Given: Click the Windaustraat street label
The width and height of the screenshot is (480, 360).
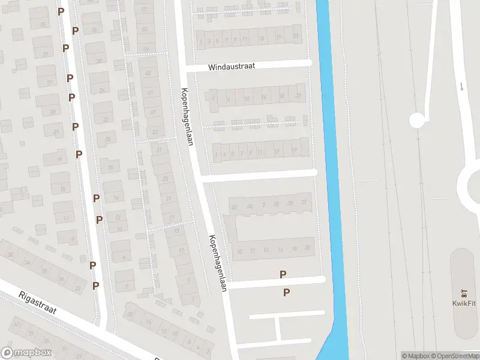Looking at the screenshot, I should pyautogui.click(x=232, y=67).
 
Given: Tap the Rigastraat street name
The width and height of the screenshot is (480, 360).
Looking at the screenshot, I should pyautogui.click(x=37, y=303).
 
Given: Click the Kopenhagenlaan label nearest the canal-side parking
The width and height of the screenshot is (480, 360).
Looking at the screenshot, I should pyautogui.click(x=217, y=262).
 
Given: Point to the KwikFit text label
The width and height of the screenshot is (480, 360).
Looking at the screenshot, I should pyautogui.click(x=463, y=304).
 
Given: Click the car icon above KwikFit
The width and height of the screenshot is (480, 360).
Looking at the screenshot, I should pyautogui.click(x=463, y=294).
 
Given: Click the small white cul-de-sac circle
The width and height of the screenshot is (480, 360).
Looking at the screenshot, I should pyautogui.click(x=416, y=120).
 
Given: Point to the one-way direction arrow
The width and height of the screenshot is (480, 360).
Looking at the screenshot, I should pyautogui.click(x=461, y=86).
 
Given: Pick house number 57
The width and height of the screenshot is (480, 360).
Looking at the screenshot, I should pyautogui.click(x=143, y=10).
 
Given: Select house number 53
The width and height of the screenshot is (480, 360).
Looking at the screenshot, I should pyautogui.click(x=144, y=29).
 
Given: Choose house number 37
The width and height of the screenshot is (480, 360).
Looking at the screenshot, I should pyautogui.click(x=152, y=112).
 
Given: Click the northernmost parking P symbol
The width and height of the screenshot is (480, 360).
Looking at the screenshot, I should pyautogui.click(x=61, y=11).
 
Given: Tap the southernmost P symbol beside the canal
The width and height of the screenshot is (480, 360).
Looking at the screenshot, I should pyautogui.click(x=287, y=293).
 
